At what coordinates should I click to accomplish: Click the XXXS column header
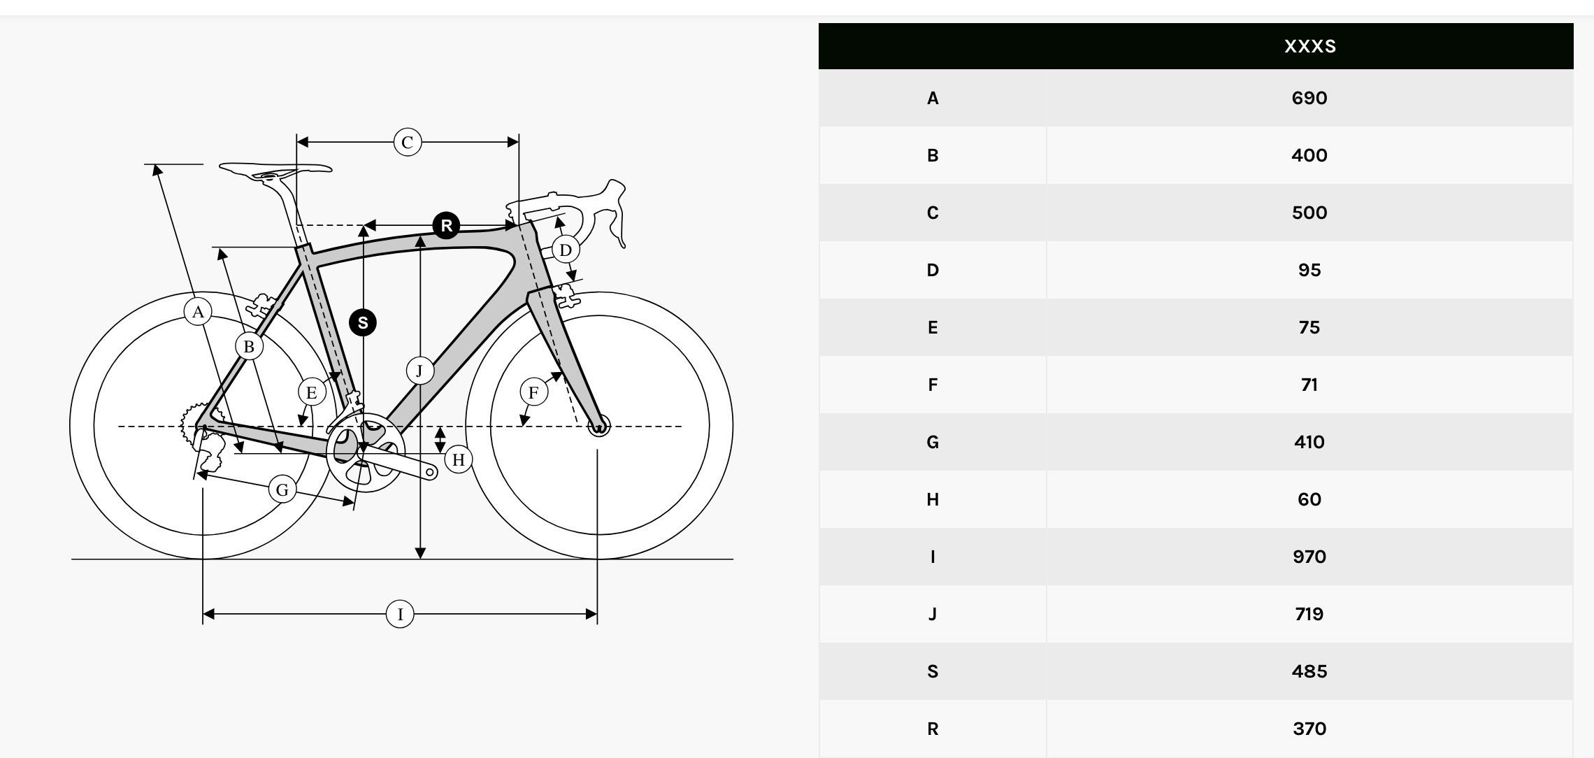coord(1309,46)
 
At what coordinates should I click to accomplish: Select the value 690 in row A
coord(1309,98)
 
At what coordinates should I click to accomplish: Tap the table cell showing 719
coord(1309,614)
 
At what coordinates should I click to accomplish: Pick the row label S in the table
coord(933,671)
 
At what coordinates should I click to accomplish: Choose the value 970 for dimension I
coord(1309,557)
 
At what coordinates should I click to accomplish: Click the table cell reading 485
coord(1309,671)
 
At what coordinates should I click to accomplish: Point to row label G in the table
coord(933,442)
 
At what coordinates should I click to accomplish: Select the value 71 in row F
coord(1309,385)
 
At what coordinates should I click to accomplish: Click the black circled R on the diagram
coord(446,226)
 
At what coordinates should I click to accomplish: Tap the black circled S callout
coord(363,322)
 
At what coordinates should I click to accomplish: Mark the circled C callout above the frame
coord(408,142)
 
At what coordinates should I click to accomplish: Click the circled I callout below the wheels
coord(400,614)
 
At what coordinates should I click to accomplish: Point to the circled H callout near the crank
coord(459,459)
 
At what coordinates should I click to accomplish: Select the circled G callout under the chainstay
coord(282,489)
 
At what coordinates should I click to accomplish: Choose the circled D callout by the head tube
coord(566,250)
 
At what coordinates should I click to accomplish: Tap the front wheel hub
coord(598,425)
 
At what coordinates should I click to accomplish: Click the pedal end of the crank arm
coord(431,473)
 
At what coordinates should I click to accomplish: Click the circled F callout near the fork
coord(533,392)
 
